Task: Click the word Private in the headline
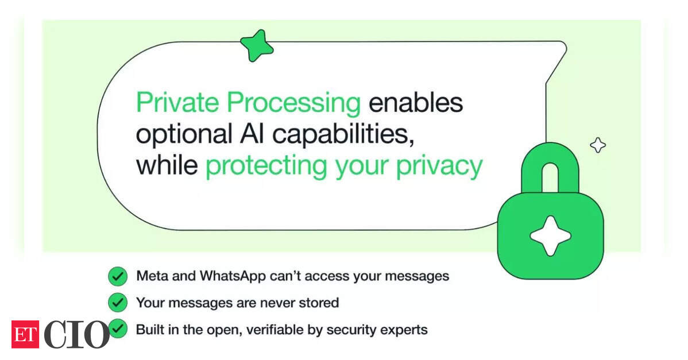click(177, 103)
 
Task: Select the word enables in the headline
click(416, 103)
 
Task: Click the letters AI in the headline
click(252, 134)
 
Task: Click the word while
click(167, 165)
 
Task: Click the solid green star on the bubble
click(257, 45)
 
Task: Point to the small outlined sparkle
click(598, 145)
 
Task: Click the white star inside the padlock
click(551, 236)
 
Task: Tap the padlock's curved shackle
click(550, 151)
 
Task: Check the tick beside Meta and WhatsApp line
click(118, 276)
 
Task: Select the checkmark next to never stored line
click(118, 303)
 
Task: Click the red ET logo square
click(25, 335)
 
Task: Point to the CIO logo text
click(76, 335)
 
